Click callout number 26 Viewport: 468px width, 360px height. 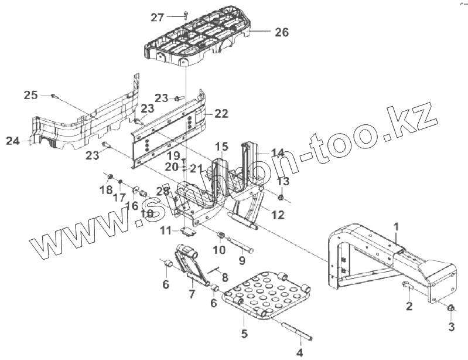click(x=282, y=32)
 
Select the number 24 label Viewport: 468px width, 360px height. click(x=13, y=141)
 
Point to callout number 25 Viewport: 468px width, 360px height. click(x=31, y=94)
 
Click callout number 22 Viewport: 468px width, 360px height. click(x=221, y=113)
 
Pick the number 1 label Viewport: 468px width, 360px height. click(x=396, y=226)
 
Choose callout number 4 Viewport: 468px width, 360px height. click(x=299, y=353)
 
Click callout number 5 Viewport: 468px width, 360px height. click(x=244, y=335)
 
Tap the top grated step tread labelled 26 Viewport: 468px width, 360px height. click(x=202, y=35)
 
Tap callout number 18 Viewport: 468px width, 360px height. click(x=105, y=190)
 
